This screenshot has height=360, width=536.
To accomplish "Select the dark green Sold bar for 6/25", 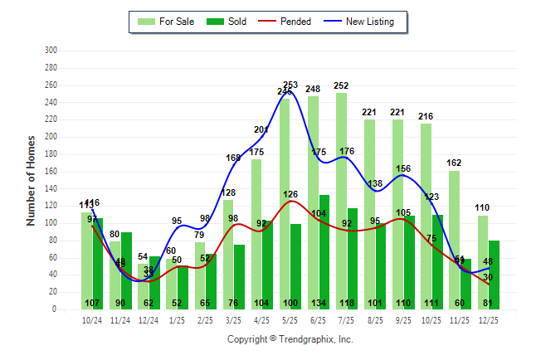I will point(324,249).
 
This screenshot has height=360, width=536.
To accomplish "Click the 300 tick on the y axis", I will point(51,51).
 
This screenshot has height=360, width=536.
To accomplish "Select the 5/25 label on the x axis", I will point(290,319).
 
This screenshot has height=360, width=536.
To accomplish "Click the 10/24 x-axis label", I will point(92,319).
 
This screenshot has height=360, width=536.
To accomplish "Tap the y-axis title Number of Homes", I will point(32,180).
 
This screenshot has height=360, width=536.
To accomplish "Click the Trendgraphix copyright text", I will point(290,339).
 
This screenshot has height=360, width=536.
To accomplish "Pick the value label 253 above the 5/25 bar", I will point(290,85).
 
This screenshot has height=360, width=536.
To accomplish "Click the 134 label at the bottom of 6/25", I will point(319,303).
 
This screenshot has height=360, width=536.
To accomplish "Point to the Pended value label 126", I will point(290,195).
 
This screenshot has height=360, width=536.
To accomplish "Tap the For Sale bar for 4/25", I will point(256,232).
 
